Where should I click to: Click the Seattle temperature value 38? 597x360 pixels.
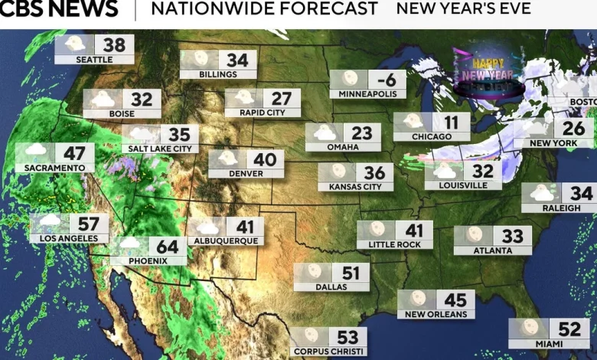[115, 44]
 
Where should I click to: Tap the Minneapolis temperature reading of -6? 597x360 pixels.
[386, 80]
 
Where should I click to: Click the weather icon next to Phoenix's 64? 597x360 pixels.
[129, 244]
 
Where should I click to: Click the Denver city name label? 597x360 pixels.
[246, 173]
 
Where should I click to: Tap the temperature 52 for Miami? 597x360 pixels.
[569, 329]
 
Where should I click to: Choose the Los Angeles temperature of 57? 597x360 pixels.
[89, 224]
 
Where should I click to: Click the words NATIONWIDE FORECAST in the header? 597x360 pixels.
[264, 9]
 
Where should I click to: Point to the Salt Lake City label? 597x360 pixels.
[160, 149]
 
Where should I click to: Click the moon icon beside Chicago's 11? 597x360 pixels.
[413, 122]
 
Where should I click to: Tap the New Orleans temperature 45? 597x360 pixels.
[455, 299]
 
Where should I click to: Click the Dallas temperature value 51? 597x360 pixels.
[351, 273]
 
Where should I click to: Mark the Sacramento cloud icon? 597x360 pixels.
[34, 152]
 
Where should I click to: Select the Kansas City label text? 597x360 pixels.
[355, 187]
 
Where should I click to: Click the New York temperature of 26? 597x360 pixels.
[573, 128]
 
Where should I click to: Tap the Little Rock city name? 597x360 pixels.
[394, 244]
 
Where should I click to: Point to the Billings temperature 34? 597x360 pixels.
[237, 60]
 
